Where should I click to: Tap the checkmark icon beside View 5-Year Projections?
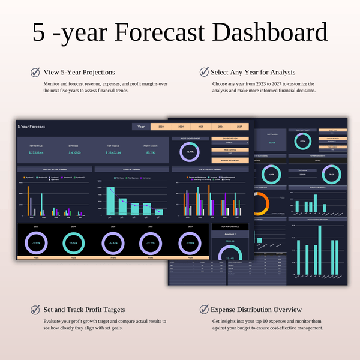pyautogui.click(x=36, y=73)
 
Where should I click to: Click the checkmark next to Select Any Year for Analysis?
pyautogui.click(x=203, y=73)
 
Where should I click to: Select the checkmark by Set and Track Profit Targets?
pyautogui.click(x=36, y=310)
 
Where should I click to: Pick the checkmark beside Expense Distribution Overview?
pyautogui.click(x=203, y=310)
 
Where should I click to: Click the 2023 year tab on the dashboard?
pyautogui.click(x=160, y=127)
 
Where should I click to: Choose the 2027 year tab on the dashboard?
pyautogui.click(x=239, y=127)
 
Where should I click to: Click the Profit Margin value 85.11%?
pyautogui.click(x=150, y=153)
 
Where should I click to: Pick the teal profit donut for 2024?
pyautogui.click(x=73, y=242)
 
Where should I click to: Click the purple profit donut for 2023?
pyautogui.click(x=36, y=242)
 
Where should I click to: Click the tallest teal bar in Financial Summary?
pyautogui.click(x=110, y=200)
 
